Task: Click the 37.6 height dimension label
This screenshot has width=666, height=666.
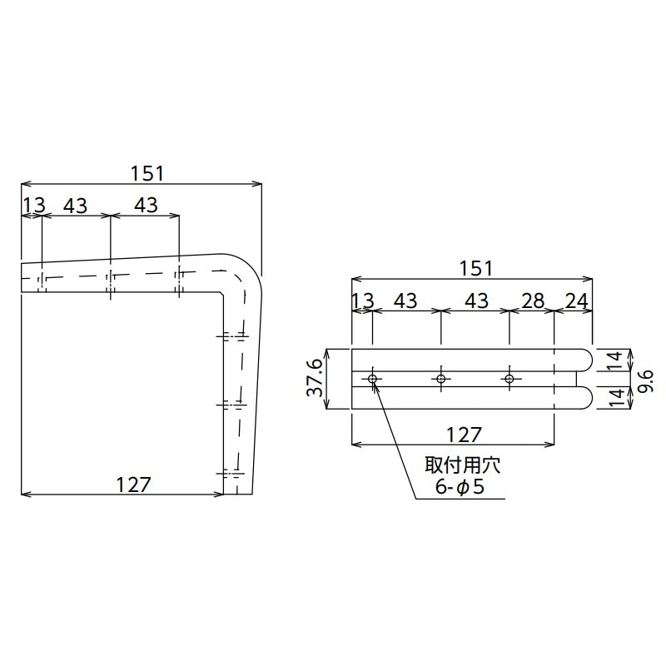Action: (314, 379)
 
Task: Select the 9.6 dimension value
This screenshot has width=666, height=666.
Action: (645, 379)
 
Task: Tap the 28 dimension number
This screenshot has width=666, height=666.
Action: (532, 301)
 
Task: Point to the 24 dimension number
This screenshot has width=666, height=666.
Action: (574, 301)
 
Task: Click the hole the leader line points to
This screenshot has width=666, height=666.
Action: (373, 380)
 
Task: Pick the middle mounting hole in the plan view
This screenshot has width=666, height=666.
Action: (441, 380)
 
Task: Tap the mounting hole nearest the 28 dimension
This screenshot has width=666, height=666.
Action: (509, 380)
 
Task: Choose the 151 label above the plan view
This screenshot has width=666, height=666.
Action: (475, 268)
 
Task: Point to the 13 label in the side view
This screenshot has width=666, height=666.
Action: (32, 206)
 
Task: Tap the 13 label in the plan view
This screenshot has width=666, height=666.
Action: (363, 301)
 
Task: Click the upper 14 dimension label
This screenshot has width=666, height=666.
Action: (614, 360)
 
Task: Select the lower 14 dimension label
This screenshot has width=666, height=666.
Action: (614, 398)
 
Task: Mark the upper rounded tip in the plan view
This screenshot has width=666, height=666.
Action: (586, 360)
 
